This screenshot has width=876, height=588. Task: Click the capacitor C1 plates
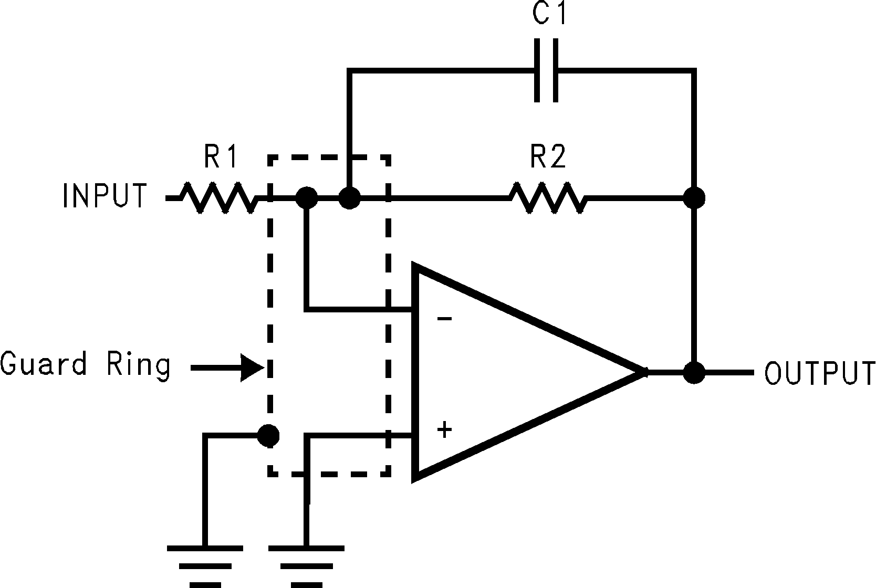[x=546, y=70]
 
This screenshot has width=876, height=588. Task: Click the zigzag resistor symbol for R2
[x=548, y=198]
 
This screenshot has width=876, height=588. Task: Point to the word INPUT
[x=105, y=196]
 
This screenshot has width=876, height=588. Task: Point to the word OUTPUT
[x=819, y=373]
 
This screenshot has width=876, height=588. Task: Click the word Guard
[x=44, y=364]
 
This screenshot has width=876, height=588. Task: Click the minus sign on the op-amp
[x=444, y=319]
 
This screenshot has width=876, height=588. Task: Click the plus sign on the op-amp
[x=444, y=430]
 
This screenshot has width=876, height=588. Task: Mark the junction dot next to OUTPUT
[x=694, y=373]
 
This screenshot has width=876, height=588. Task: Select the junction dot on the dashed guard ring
[x=269, y=435]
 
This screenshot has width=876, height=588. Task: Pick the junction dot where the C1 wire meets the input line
[x=349, y=198]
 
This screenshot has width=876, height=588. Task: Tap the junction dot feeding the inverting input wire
[x=306, y=198]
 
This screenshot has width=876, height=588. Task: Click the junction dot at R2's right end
[x=694, y=198]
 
